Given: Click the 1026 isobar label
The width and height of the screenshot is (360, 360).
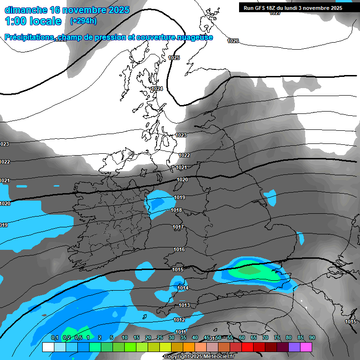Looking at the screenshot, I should pos(233,41).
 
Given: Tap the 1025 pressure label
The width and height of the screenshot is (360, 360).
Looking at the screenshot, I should pos(174,58).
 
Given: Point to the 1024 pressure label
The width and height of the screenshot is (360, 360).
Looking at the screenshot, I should pos(157,89).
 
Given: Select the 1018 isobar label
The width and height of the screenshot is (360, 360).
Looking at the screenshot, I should pos(176,210).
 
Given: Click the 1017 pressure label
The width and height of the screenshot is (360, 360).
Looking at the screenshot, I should pos(178,227).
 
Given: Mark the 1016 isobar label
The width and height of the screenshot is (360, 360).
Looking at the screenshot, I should pos(179,249).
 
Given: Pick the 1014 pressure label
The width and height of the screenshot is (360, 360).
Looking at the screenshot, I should pos(183,288).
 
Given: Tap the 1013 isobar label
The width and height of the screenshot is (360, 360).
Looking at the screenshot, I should pos(184,305).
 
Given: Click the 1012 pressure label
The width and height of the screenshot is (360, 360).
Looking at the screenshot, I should pos(179,320).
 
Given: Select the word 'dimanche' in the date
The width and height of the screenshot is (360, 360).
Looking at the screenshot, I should pos(26,10).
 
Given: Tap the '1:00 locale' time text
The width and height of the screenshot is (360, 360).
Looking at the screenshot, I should pos(33,21).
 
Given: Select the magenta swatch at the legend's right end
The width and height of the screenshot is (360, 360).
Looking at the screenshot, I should pos(306,347).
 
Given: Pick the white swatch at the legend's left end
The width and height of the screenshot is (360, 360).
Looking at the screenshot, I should pos(48,347).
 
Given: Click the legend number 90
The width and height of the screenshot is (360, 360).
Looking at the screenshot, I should pos(312,337).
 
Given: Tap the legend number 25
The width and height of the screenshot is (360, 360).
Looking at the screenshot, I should pos(160,337).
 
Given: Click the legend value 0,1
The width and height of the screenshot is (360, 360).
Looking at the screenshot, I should pos(54,337).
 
